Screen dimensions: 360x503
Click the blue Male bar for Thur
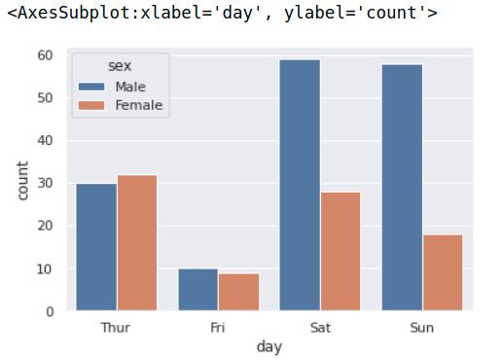point(96,247)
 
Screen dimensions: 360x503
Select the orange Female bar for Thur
point(137,243)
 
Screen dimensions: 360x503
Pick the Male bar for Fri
point(198,290)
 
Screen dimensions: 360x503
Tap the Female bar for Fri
point(238,292)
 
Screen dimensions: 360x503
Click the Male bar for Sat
point(300,185)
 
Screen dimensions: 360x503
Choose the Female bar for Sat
point(341,251)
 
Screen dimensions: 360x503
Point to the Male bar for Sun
point(402,188)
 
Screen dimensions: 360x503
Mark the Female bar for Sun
point(443,272)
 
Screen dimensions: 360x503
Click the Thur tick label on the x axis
point(116,327)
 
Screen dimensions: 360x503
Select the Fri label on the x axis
point(218,327)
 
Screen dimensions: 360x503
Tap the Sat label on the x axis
point(320,327)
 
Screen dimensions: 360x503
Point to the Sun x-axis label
point(422,327)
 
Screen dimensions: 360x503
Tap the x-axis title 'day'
point(269,346)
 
